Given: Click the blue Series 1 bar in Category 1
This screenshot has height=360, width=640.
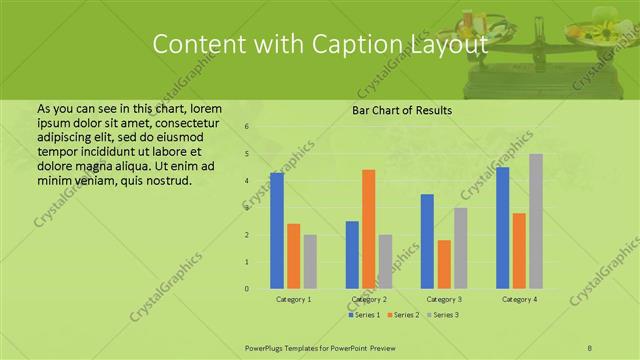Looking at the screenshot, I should pyautogui.click(x=277, y=231).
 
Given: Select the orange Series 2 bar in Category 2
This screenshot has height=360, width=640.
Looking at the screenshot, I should pyautogui.click(x=369, y=229).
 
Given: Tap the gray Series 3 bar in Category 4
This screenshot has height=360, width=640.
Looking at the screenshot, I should pyautogui.click(x=536, y=221).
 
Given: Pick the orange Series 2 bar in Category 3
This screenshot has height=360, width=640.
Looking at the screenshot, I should pyautogui.click(x=444, y=264).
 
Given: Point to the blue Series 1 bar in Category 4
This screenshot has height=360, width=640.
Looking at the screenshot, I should pyautogui.click(x=502, y=228).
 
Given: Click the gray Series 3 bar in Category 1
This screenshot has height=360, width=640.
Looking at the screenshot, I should pyautogui.click(x=310, y=262).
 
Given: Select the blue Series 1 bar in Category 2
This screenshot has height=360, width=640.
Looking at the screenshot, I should pyautogui.click(x=352, y=255).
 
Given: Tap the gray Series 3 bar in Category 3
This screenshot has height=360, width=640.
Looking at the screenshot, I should pyautogui.click(x=461, y=248).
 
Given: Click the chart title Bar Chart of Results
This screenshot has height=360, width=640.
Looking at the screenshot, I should pyautogui.click(x=402, y=110).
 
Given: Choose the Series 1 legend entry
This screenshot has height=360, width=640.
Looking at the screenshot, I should pyautogui.click(x=365, y=315).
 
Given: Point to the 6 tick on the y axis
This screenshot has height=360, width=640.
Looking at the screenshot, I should pyautogui.click(x=246, y=127).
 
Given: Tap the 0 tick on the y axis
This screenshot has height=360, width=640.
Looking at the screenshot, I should pyautogui.click(x=246, y=289).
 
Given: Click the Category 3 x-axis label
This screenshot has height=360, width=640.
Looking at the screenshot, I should pyautogui.click(x=444, y=299).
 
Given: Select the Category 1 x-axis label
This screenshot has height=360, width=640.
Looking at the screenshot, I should pyautogui.click(x=293, y=299).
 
